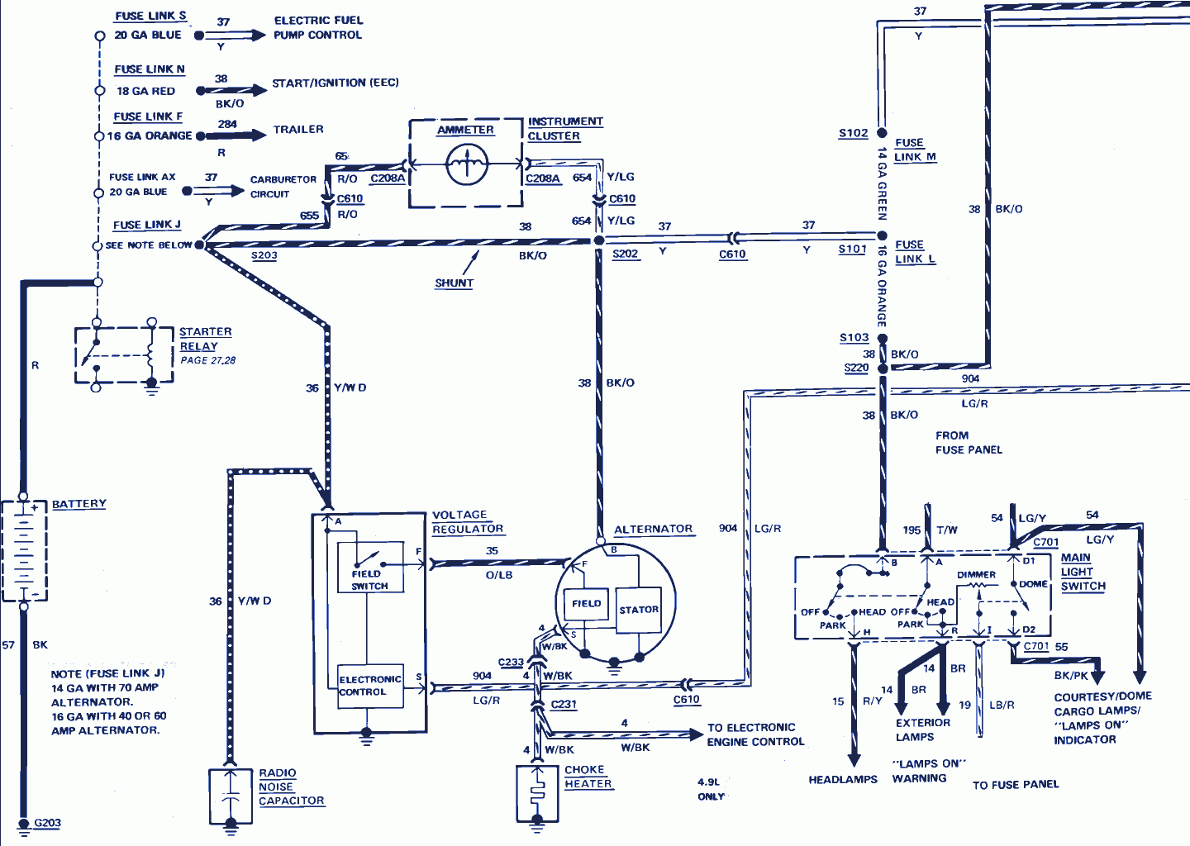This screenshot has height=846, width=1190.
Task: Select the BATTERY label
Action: coord(79,504)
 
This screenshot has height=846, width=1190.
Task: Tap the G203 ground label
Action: coord(47,823)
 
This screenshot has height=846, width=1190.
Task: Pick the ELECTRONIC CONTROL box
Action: coord(370,686)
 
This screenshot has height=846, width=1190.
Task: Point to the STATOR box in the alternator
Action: coord(639,610)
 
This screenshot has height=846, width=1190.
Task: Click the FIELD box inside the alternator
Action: coord(586,604)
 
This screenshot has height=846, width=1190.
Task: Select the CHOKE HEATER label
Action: coord(588,777)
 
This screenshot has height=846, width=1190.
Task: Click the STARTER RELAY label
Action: coord(205,339)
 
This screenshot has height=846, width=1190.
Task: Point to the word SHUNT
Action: coord(454,283)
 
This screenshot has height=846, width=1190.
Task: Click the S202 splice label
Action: coord(625,254)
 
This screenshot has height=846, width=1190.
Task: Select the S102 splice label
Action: coord(853,133)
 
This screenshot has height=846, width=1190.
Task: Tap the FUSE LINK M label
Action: coord(914,150)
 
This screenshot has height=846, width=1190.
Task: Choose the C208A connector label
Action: coord(388,178)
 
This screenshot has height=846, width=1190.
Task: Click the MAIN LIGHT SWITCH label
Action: coord(1082,572)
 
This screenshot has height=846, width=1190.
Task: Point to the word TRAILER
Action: coord(298,130)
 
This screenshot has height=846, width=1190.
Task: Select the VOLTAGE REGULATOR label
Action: coord(467,522)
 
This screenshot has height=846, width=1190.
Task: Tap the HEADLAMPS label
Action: coord(843,779)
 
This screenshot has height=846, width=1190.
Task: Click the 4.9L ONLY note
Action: coord(711,789)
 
